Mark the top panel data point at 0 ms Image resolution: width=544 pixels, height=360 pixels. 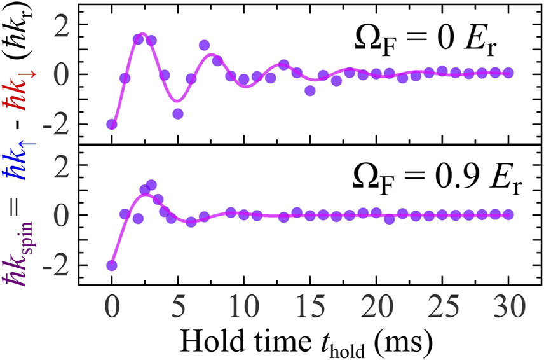pyautogui.click(x=112, y=124)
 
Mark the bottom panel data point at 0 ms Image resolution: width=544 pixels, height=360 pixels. pyautogui.click(x=112, y=265)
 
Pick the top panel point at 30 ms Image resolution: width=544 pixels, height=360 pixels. pyautogui.click(x=508, y=73)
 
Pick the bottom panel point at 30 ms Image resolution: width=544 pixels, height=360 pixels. pyautogui.click(x=508, y=214)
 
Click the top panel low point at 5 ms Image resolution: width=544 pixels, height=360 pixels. pyautogui.click(x=178, y=113)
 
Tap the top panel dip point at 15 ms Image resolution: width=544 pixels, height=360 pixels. pyautogui.click(x=310, y=90)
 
